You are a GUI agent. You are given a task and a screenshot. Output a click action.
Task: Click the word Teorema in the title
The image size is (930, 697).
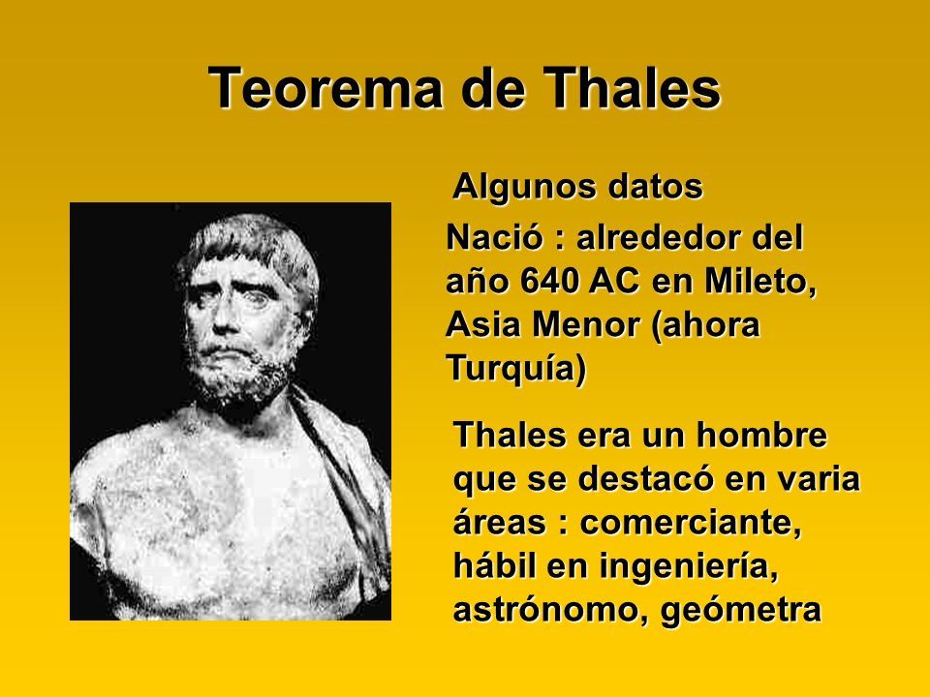coord(325,88)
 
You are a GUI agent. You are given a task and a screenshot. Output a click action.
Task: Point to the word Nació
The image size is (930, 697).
coord(495,238)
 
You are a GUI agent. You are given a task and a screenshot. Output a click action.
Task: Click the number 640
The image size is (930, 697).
coord(550,282)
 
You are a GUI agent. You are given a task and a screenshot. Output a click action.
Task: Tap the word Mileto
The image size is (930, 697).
coord(760,283)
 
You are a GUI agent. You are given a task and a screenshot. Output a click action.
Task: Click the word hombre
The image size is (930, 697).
coord(761,435)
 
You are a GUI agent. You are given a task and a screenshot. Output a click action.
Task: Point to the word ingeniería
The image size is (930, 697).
coord(688,567)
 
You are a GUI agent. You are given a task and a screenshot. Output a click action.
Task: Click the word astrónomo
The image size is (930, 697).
coord(551,610)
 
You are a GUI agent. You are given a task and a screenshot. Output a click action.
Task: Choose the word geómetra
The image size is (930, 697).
coord(741,611)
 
